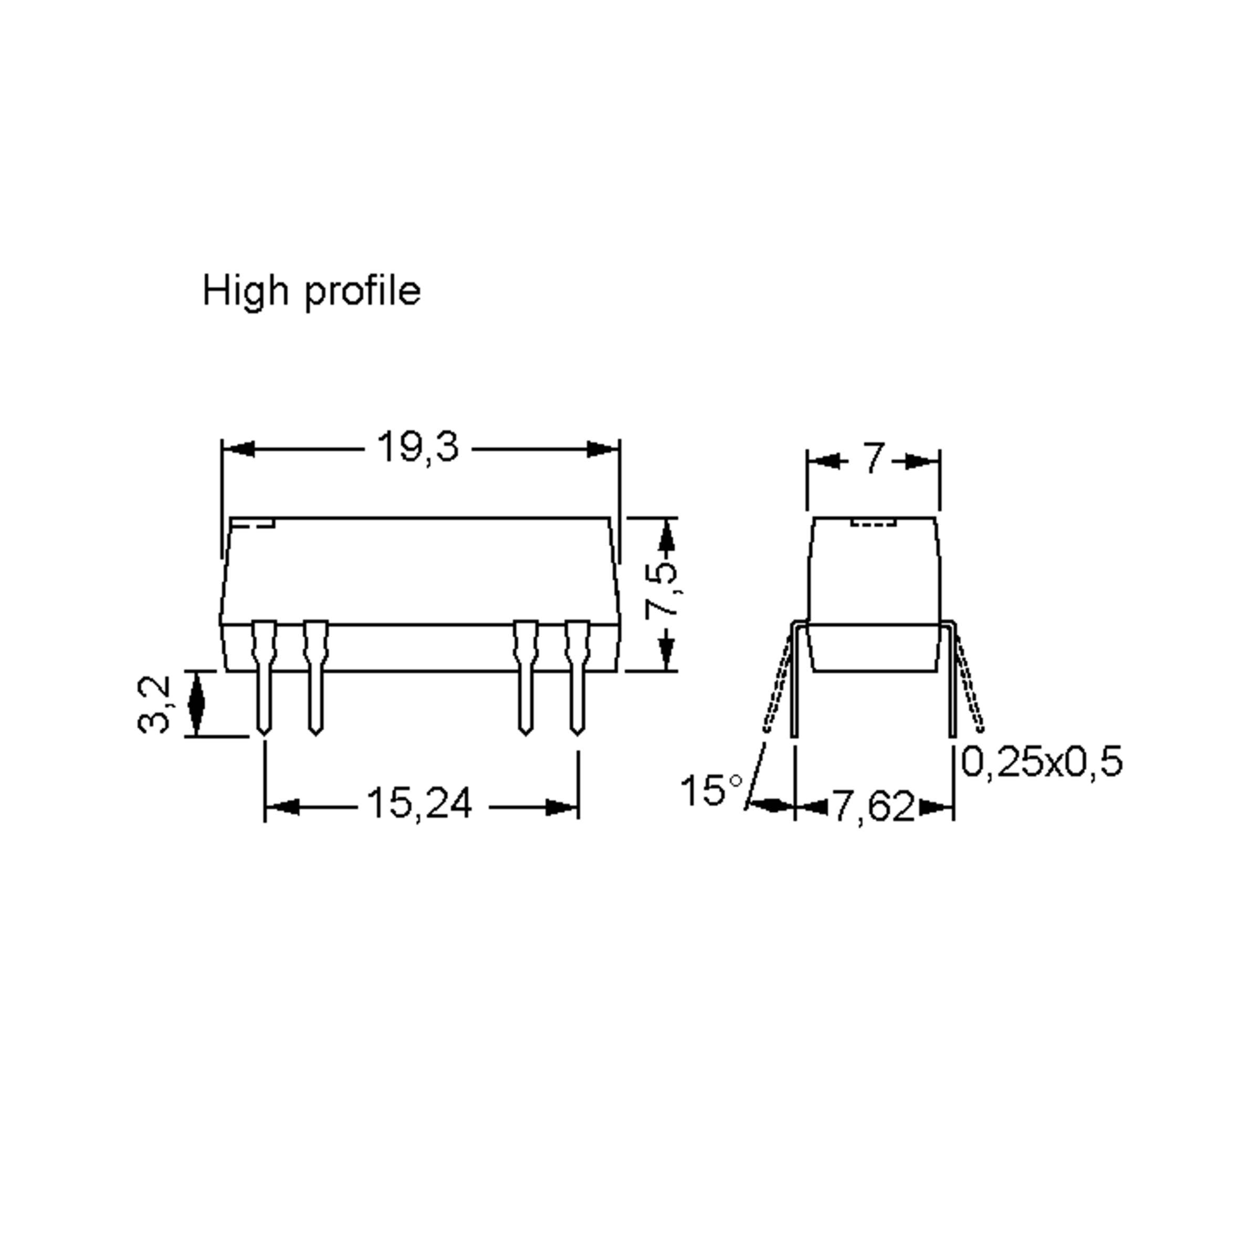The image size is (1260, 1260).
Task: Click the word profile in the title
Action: click(x=363, y=291)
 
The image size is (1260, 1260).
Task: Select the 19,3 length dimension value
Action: click(x=418, y=448)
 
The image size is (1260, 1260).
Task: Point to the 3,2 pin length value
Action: click(x=154, y=705)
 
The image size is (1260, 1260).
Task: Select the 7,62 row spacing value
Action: click(x=874, y=807)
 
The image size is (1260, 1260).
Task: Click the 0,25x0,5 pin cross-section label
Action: click(x=1042, y=762)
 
